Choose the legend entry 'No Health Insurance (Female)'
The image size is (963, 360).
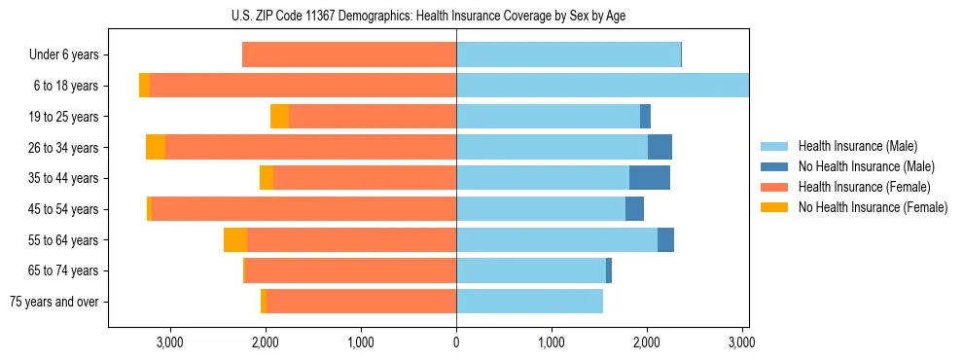[873, 207]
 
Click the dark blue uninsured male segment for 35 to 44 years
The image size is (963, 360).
[650, 178]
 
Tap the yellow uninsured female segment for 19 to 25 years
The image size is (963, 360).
[279, 117]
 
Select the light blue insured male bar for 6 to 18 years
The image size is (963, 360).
[602, 86]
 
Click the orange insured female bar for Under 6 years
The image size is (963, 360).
[349, 54]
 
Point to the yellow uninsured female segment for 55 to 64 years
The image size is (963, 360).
[235, 240]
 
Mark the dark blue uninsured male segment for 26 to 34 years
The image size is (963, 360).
[660, 147]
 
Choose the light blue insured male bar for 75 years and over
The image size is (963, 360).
[529, 302]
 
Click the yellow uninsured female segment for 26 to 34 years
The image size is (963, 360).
[156, 147]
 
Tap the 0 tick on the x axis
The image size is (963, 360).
[456, 342]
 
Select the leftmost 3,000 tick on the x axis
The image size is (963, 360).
[169, 342]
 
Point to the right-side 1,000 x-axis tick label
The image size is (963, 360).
[552, 342]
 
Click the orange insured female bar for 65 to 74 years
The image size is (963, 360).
[351, 270]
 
